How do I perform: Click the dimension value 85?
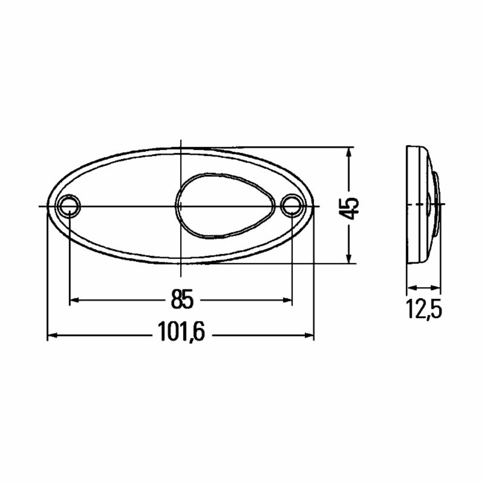pyautogui.click(x=182, y=299)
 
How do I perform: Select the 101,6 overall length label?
pyautogui.click(x=181, y=331)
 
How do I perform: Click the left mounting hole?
pyautogui.click(x=69, y=205)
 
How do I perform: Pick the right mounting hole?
pyautogui.click(x=291, y=205)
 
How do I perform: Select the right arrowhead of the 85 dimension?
pyautogui.click(x=287, y=299)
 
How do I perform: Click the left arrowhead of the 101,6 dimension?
pyautogui.click(x=53, y=335)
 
